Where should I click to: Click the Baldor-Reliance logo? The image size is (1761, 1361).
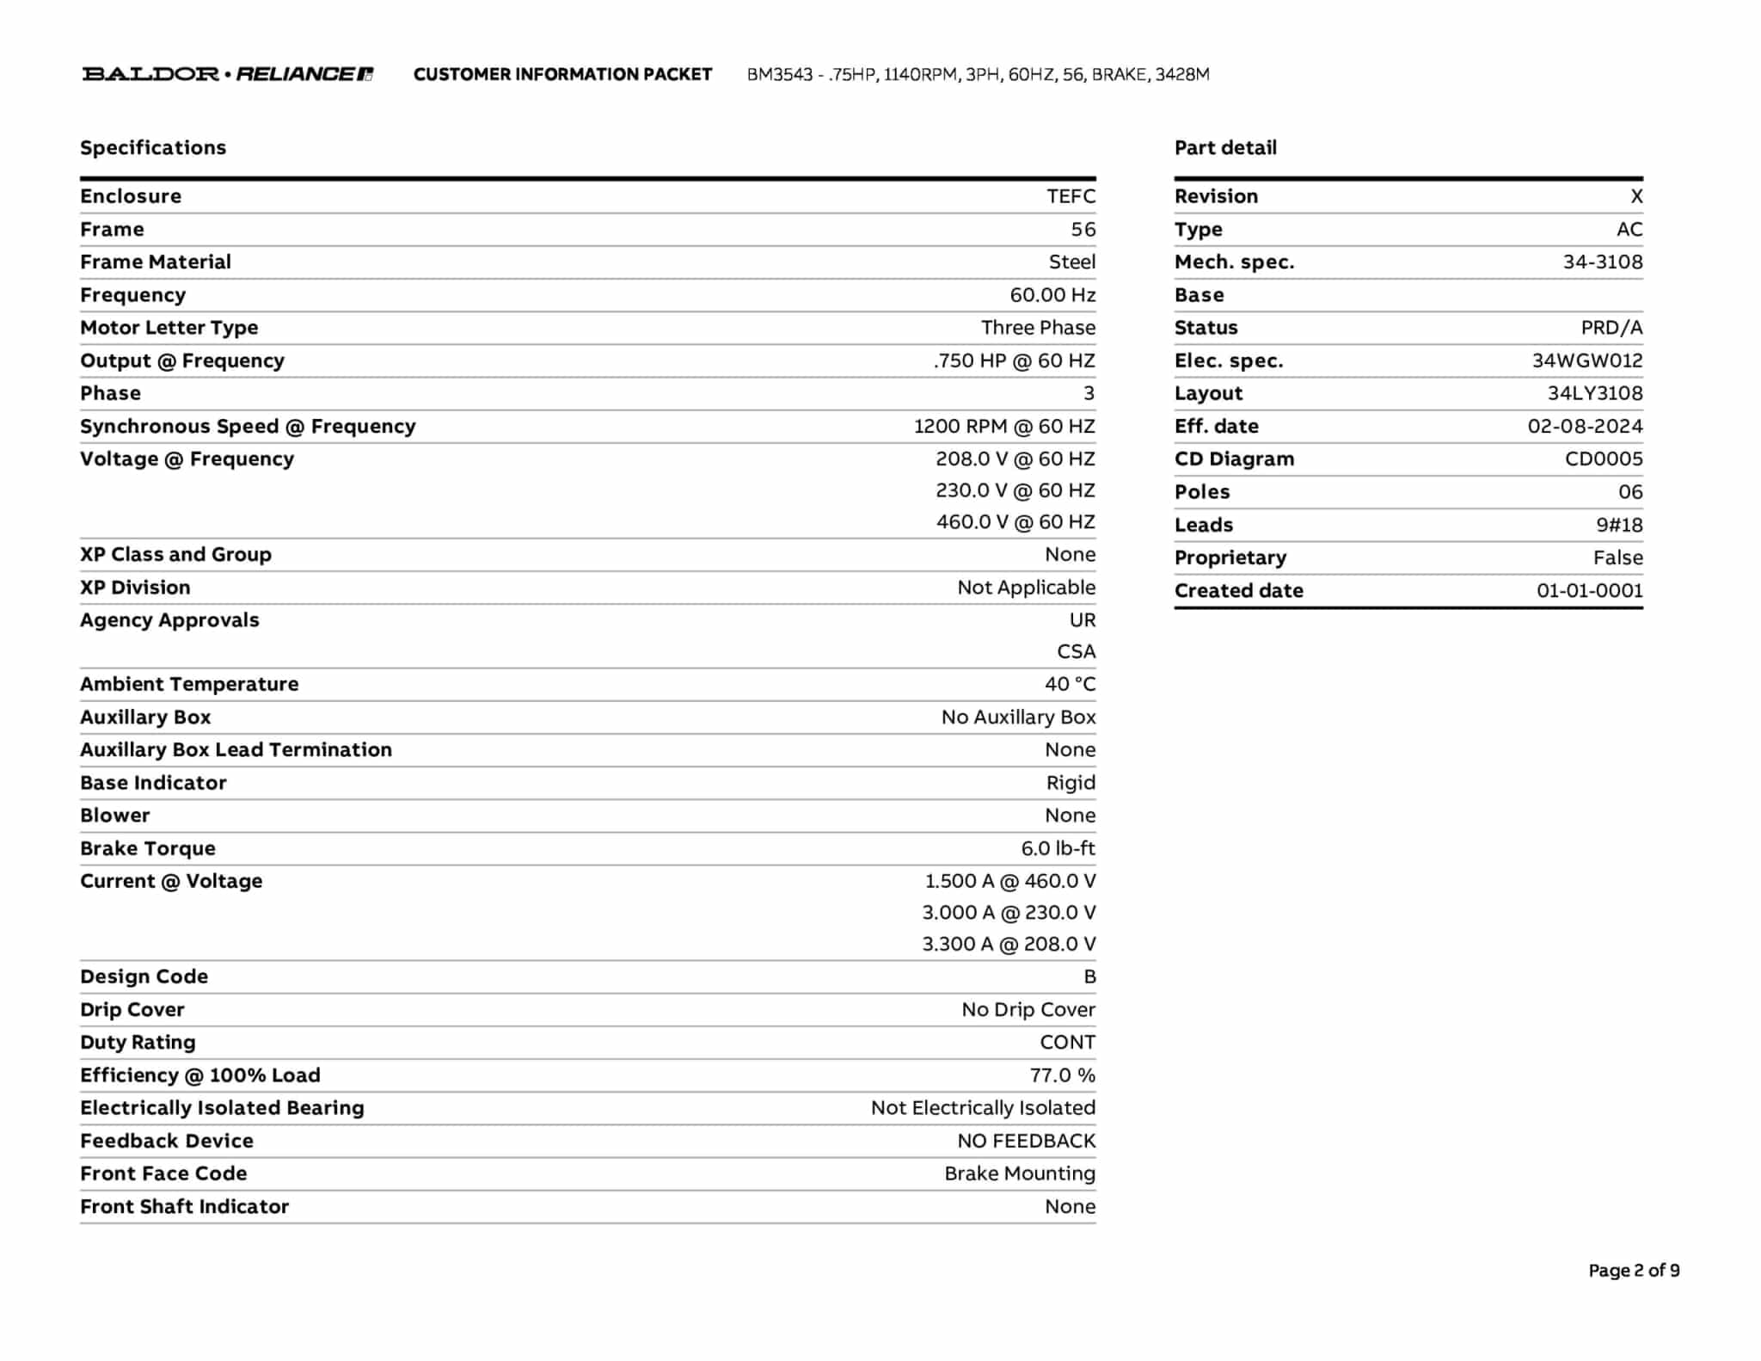coord(227,74)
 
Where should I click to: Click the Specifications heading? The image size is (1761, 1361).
coord(153,148)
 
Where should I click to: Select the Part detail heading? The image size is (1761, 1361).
coord(1225,148)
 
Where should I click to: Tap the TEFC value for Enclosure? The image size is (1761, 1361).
coord(1071,196)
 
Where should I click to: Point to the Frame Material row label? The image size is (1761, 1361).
coord(156,262)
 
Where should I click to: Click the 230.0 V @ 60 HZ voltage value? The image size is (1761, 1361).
coord(1015,490)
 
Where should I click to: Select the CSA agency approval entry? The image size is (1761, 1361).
coord(1076,652)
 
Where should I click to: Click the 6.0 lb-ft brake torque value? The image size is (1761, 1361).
coord(1058,848)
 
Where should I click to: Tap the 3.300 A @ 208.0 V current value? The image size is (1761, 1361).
coord(1009,945)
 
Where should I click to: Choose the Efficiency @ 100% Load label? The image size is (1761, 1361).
coord(199,1075)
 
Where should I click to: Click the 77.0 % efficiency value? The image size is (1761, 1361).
coord(1062,1075)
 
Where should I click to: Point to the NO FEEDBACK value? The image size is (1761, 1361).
coord(1026,1141)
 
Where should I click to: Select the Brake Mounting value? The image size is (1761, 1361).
coord(1019,1173)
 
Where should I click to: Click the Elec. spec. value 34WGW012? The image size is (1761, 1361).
coord(1586,360)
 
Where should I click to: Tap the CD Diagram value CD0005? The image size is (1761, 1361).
coord(1603,459)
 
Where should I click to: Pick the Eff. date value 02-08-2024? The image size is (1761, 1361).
coord(1585,427)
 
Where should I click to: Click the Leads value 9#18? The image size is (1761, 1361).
coord(1619,525)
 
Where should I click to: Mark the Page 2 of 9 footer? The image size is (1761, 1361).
coord(1633,1271)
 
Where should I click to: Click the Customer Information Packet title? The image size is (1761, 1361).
coord(562,75)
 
